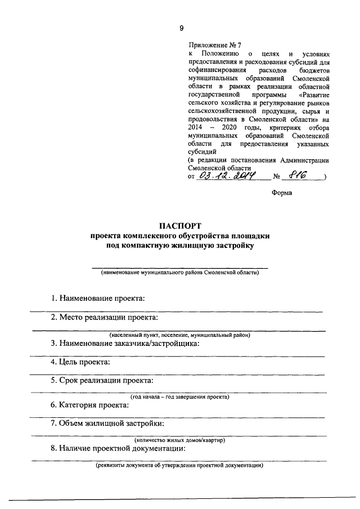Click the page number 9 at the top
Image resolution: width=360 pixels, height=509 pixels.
(181, 28)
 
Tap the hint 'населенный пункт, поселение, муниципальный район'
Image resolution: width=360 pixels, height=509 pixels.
(179, 335)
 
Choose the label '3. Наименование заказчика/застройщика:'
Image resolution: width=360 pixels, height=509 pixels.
(125, 343)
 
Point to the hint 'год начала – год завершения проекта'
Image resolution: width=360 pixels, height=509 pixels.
(179, 397)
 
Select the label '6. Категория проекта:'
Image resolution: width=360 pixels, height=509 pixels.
(90, 405)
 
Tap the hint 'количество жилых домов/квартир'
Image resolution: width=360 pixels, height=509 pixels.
(179, 440)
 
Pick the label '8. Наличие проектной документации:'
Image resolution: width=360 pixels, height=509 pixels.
(118, 448)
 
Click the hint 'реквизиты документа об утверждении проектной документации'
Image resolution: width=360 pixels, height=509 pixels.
(179, 466)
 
